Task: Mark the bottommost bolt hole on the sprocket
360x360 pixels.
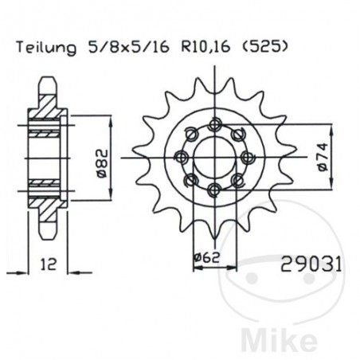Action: pos(213,188)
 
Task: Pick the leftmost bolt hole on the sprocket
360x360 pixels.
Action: pos(182,156)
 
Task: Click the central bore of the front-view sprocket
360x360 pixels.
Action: pos(213,156)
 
